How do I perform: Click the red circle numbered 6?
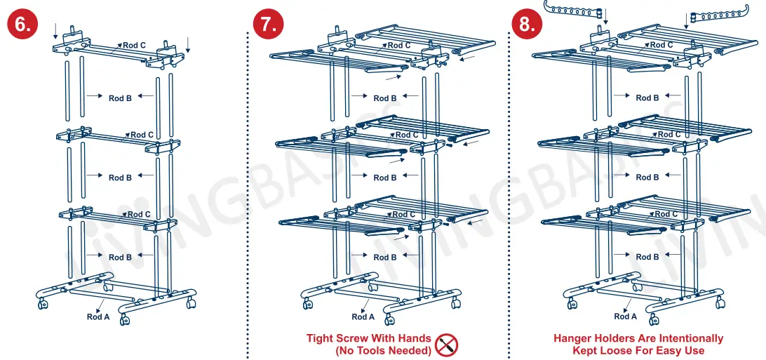[x=22, y=24]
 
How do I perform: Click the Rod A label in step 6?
[x=98, y=316]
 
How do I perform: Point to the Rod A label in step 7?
[x=363, y=316]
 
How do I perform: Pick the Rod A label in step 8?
[x=626, y=316]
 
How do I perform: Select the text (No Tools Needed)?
[x=383, y=350]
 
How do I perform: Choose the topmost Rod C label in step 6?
[x=134, y=46]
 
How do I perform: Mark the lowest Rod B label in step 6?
[x=120, y=258]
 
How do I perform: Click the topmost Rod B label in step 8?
[x=647, y=98]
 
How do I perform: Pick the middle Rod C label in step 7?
[x=407, y=135]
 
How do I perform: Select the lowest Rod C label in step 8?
[x=666, y=214]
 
